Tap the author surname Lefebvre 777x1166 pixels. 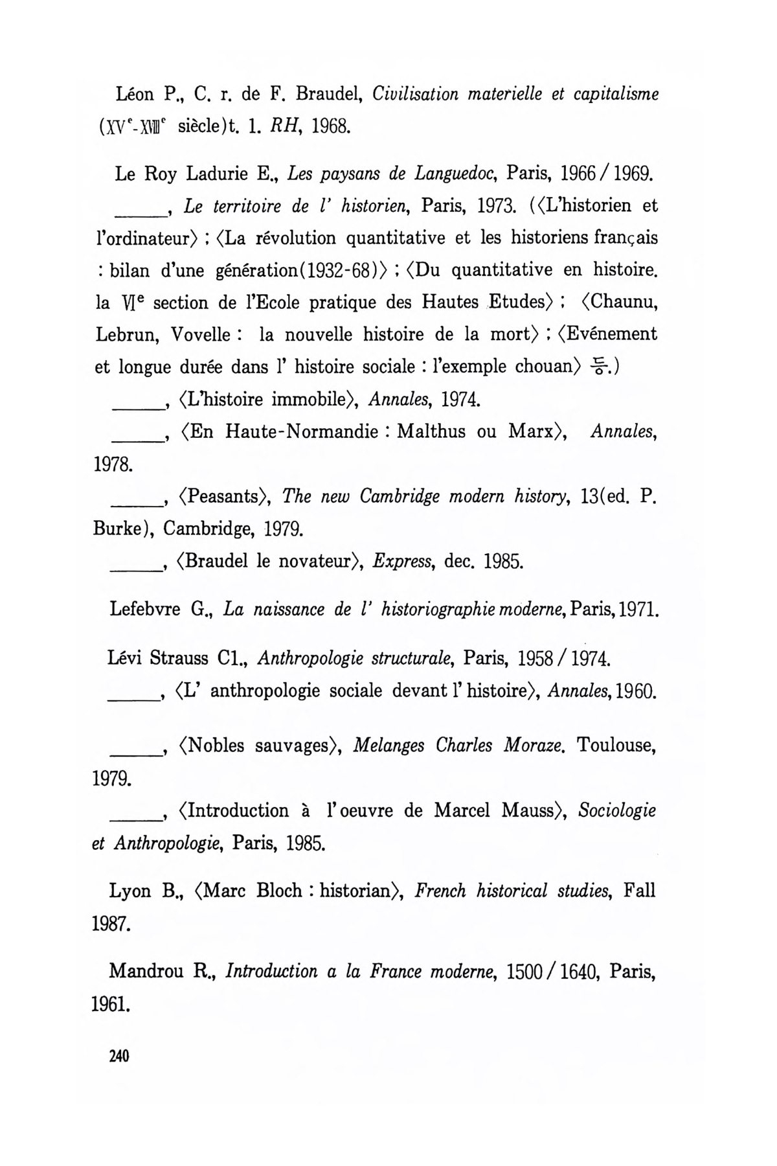pos(145,610)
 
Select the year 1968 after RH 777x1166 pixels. pos(331,126)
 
